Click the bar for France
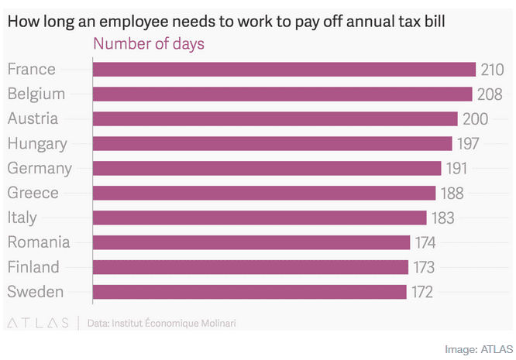click(284, 70)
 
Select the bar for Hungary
click(272, 143)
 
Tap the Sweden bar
click(249, 292)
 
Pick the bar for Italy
click(260, 218)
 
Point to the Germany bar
click(267, 168)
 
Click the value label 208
click(490, 94)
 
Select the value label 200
click(475, 119)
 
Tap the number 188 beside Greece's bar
click(453, 193)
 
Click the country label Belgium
click(36, 94)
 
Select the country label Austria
click(33, 119)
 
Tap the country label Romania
click(39, 242)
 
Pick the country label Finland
click(33, 267)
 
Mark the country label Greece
click(33, 193)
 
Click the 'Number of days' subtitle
click(149, 43)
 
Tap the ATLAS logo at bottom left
click(38, 321)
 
